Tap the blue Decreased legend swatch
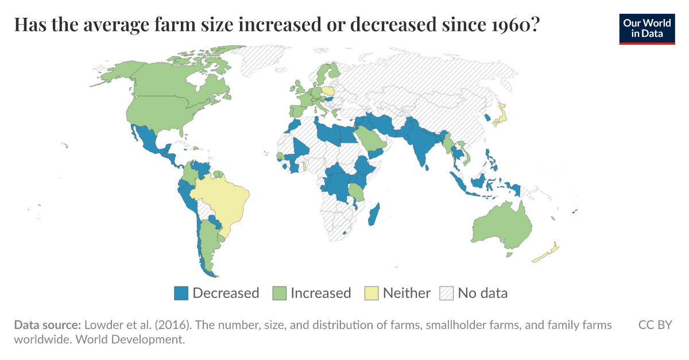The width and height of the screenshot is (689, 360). (x=181, y=293)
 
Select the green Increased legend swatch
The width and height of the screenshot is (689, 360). (x=280, y=293)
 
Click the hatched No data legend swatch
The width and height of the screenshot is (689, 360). (x=447, y=293)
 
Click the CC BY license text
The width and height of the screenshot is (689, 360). (x=655, y=325)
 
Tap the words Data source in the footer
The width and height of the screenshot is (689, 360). (x=47, y=325)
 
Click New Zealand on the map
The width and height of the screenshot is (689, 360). (x=548, y=253)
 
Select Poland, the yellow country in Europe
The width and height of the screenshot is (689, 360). (x=328, y=91)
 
